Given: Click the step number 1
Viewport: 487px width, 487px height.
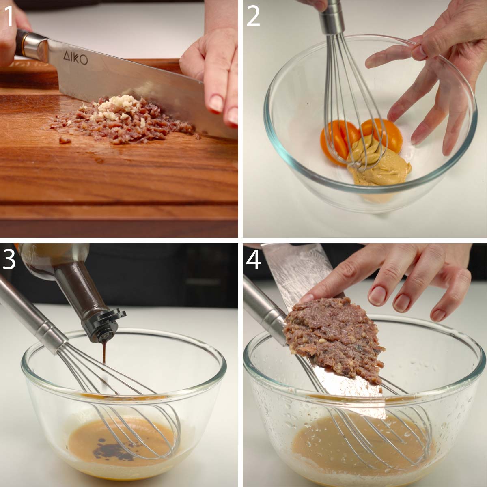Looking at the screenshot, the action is point(9,16).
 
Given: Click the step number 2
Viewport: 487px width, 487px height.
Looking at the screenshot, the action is point(253,16).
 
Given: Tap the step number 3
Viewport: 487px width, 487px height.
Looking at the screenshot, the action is point(9,260).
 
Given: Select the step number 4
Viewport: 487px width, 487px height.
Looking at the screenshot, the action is point(254,260).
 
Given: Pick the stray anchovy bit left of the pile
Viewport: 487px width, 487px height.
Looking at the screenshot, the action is point(65,140).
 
